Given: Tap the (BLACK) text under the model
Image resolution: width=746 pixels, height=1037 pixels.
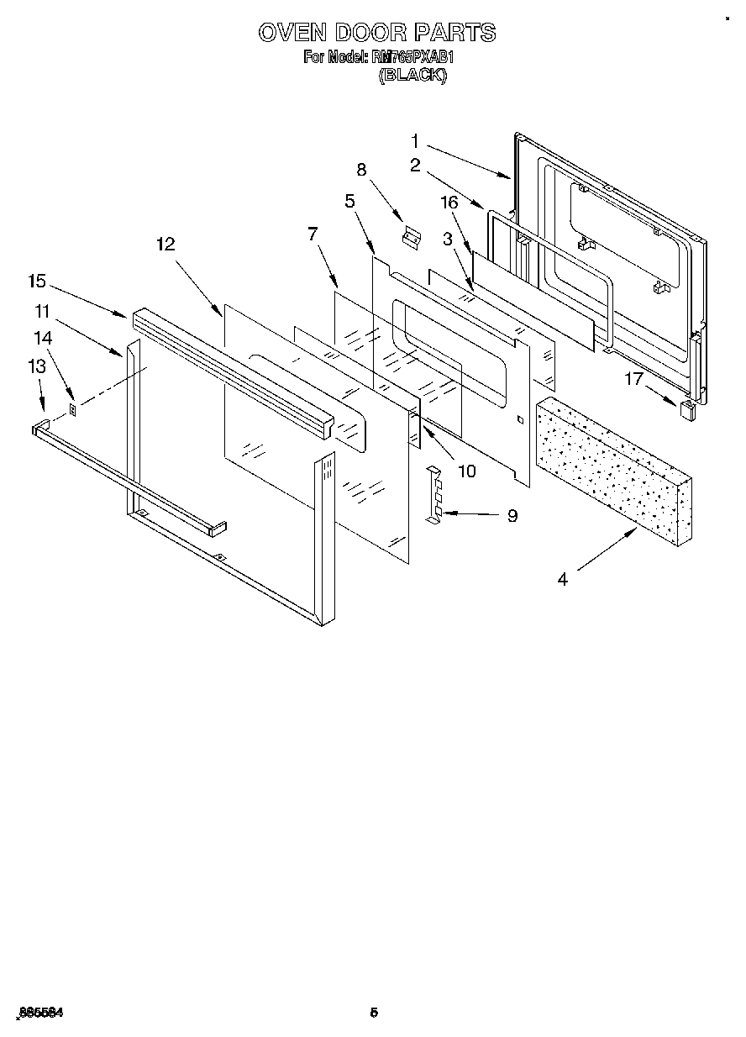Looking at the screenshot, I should tap(412, 75).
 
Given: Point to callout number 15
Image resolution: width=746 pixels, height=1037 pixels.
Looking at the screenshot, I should tap(36, 282).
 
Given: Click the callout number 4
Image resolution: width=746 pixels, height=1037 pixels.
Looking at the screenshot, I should tap(562, 579).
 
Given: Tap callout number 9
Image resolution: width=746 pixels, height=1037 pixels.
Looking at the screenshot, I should tap(512, 516).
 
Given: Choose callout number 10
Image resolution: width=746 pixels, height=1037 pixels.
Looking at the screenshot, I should tap(465, 471).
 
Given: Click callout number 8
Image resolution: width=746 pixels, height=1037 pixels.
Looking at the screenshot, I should tap(362, 169).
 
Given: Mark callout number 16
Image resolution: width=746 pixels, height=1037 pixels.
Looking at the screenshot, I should tap(449, 202).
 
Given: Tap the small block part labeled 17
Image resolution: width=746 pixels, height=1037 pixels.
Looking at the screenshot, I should tap(686, 409).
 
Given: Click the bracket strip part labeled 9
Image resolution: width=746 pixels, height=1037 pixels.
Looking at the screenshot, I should tap(434, 497).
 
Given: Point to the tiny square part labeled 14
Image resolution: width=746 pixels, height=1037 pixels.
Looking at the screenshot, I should tap(73, 410).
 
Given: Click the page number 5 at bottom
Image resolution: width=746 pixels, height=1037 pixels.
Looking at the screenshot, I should tap(374, 1013).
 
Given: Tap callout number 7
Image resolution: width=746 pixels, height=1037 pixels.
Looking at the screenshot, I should tap(313, 234).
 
